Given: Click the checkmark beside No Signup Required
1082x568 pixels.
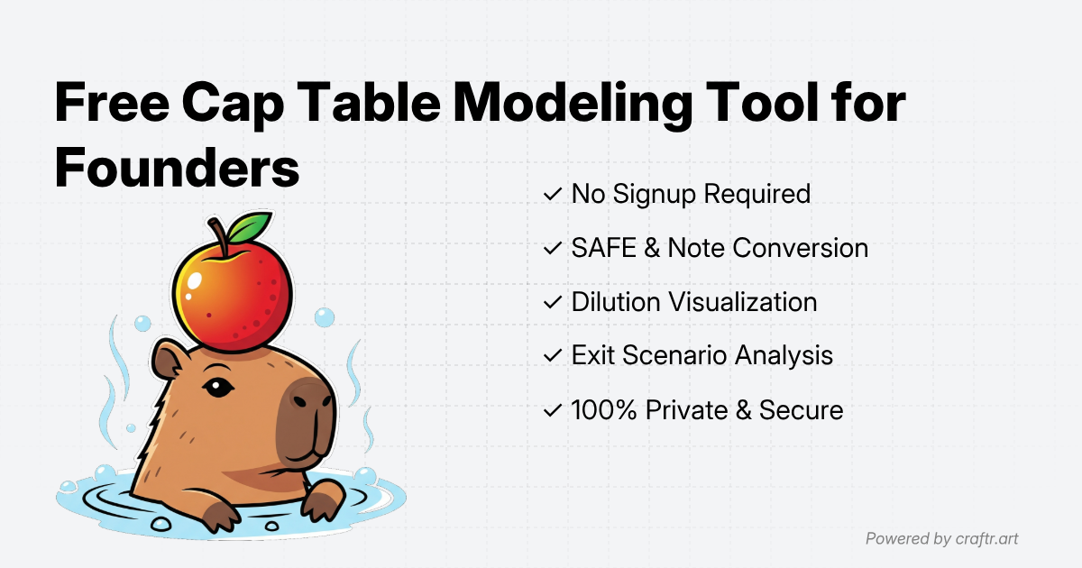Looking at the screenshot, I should tap(552, 194).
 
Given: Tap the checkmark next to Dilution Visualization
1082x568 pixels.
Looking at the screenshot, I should tap(552, 302).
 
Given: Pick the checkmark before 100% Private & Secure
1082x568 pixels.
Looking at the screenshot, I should tap(552, 410).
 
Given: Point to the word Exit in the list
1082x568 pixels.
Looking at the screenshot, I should tap(591, 356).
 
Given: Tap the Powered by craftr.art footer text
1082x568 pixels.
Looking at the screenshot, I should tap(942, 539).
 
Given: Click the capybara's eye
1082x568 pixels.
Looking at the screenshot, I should tap(215, 388).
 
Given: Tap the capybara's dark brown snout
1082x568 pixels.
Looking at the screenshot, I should tap(307, 419).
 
